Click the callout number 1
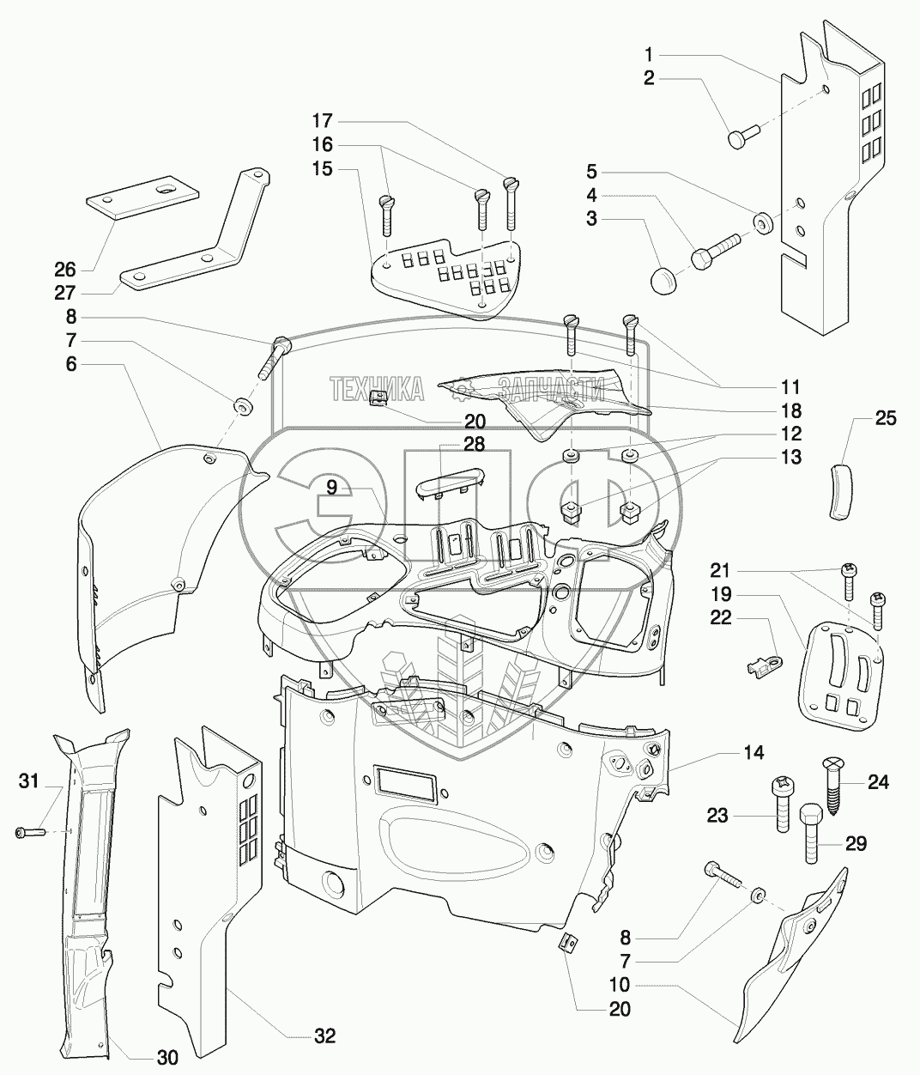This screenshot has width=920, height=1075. click(x=649, y=54)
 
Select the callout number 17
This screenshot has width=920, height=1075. click(x=323, y=121)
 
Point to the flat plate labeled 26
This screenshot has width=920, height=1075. click(x=142, y=201)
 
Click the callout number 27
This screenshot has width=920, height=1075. click(x=65, y=294)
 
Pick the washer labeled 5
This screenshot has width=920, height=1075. click(x=763, y=222)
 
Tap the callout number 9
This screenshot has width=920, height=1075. click(x=331, y=488)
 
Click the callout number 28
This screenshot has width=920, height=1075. click(x=474, y=444)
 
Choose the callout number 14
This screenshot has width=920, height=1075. click(x=754, y=752)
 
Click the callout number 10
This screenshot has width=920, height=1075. click(x=620, y=985)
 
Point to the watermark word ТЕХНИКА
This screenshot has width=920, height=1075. click(x=377, y=390)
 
